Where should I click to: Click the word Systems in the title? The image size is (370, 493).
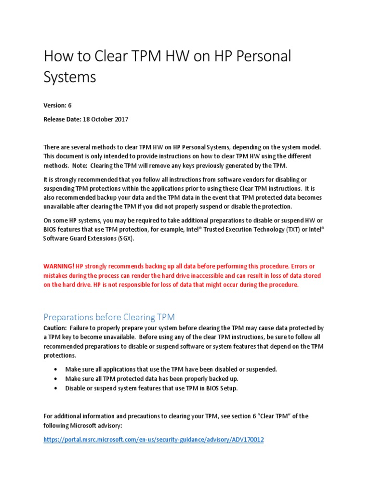(70, 77)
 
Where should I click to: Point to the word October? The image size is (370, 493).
(98, 119)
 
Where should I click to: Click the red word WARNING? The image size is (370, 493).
(59, 266)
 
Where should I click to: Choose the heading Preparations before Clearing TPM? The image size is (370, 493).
(109, 317)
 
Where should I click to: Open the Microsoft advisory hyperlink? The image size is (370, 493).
(154, 440)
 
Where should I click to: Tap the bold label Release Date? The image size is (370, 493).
(63, 119)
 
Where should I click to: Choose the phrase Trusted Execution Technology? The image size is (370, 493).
(243, 230)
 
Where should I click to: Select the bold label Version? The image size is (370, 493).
(55, 105)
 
